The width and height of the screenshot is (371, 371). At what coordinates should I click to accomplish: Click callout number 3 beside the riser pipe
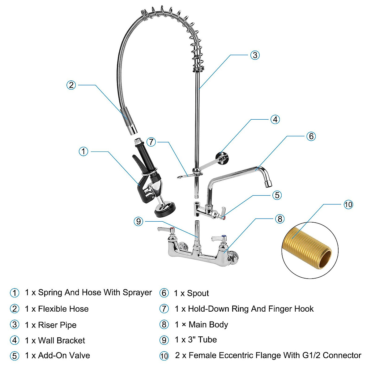click(255, 55)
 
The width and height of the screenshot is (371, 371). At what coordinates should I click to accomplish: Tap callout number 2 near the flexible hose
click(71, 85)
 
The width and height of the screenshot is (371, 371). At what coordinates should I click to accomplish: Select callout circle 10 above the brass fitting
click(348, 205)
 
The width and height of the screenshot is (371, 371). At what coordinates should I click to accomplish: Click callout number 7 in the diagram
click(151, 142)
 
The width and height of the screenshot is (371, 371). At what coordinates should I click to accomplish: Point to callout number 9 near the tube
click(139, 221)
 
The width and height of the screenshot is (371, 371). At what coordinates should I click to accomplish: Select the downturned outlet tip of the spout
click(268, 183)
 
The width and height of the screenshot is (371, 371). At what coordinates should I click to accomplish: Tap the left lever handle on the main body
click(165, 230)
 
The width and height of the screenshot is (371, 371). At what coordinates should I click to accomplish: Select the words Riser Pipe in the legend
click(57, 325)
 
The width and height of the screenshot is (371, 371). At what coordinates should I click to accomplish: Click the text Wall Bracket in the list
click(62, 340)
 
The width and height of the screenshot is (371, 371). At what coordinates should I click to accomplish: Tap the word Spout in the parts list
click(198, 293)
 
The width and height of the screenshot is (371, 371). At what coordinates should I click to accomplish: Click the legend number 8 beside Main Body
click(164, 325)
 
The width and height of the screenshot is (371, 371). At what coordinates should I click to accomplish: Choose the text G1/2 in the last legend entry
click(309, 356)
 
